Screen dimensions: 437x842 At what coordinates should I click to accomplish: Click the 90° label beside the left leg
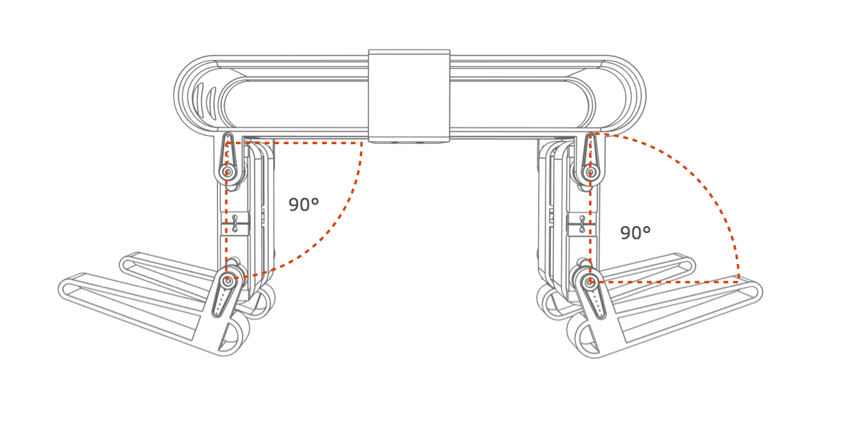(x=303, y=205)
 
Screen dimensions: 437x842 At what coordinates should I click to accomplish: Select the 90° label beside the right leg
(x=635, y=233)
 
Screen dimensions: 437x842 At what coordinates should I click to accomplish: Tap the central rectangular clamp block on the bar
(x=409, y=96)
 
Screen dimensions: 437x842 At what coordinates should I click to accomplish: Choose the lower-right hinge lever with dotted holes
(x=594, y=298)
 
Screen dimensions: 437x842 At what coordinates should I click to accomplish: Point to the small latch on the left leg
(x=235, y=223)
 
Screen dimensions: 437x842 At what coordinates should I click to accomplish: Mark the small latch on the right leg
(x=582, y=223)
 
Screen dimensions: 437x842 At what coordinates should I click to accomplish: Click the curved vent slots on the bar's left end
(x=204, y=101)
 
